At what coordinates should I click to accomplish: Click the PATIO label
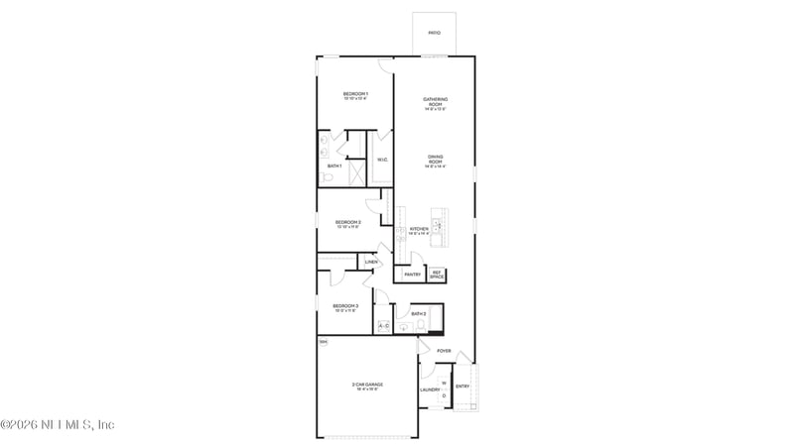coord(434,33)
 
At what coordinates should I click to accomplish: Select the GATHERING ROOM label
coord(435,100)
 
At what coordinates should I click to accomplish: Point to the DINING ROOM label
coord(435,159)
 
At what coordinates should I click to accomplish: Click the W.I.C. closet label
coord(382,160)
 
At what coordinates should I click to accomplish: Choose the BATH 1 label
coord(334,166)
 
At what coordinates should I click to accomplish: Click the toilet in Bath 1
coord(327,178)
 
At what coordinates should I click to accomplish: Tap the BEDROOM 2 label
coord(347,222)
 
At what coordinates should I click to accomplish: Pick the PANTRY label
coord(412,275)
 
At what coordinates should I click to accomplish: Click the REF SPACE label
coord(437,275)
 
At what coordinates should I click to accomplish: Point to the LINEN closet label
coord(370,262)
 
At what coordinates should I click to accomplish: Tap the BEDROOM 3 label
coord(345,306)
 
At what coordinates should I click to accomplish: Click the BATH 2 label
coord(418,313)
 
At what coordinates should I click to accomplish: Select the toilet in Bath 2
coord(421,325)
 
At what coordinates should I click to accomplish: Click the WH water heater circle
coord(323,342)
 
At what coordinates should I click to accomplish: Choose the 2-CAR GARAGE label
coord(366,385)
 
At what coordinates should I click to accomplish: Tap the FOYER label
coord(444,351)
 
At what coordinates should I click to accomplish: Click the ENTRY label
coord(463,387)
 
